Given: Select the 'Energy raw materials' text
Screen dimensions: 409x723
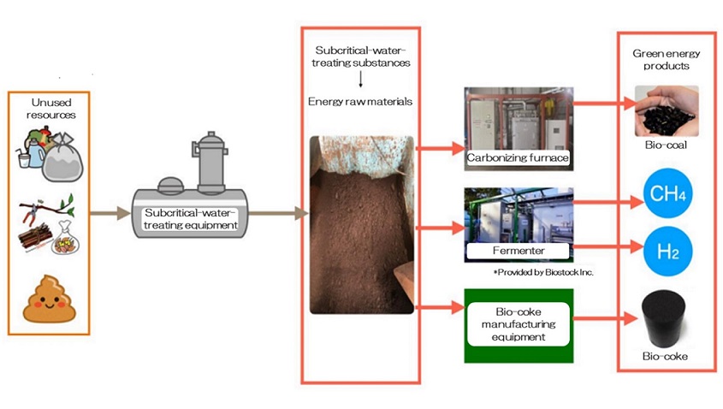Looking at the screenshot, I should click(359, 101).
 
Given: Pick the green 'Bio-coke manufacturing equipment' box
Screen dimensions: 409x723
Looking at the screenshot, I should click(519, 324).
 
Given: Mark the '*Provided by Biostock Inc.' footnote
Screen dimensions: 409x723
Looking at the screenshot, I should click(543, 272).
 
